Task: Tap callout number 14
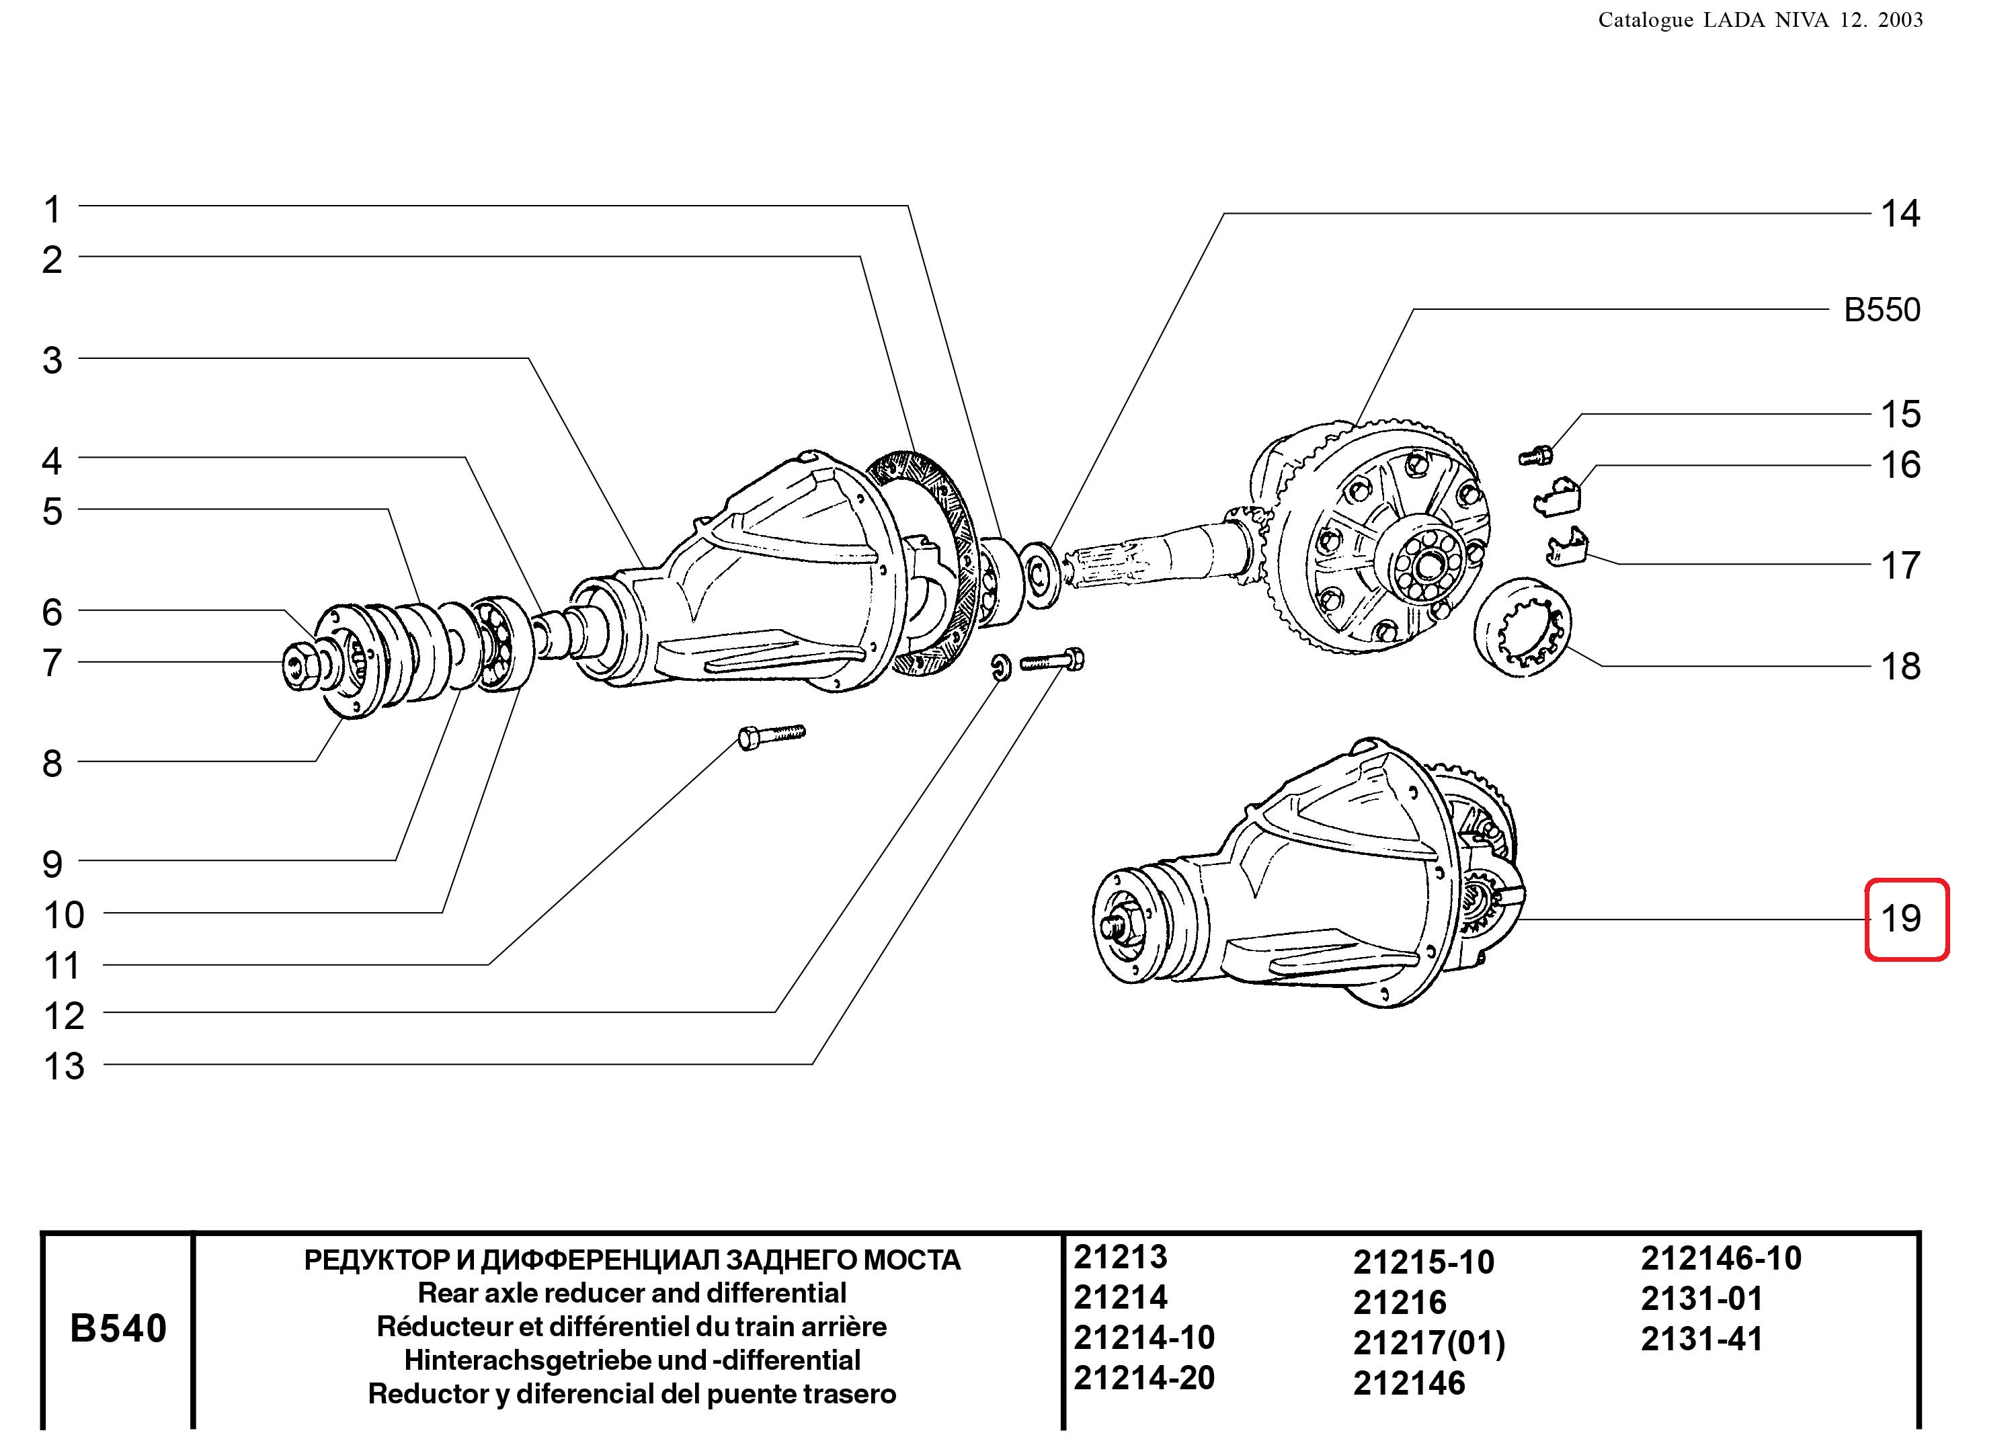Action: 1900,214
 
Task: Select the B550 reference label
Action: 1882,310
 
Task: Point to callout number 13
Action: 64,1066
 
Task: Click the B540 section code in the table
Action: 118,1328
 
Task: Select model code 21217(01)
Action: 1428,1344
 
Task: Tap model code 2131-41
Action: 1701,1339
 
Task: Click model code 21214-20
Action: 1144,1378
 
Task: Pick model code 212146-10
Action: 1721,1258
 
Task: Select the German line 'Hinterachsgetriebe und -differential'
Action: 632,1360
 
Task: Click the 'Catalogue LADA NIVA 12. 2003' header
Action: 1760,20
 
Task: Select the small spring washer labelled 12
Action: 999,668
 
